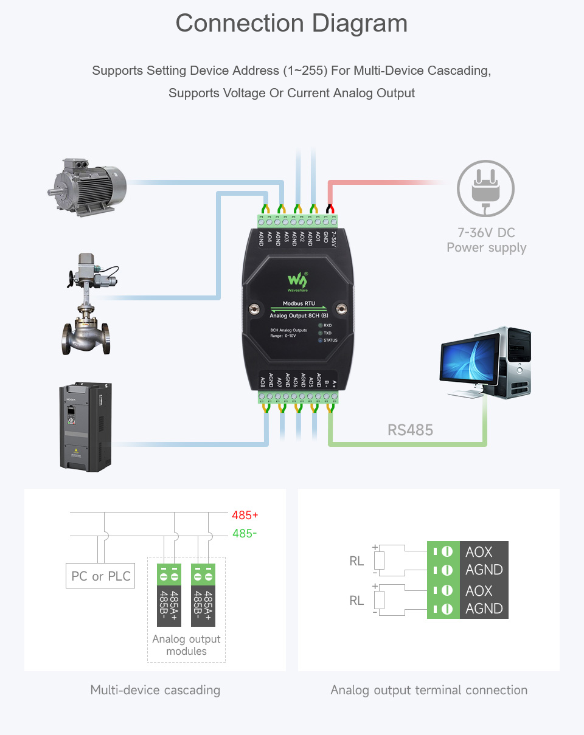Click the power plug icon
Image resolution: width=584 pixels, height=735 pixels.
click(485, 188)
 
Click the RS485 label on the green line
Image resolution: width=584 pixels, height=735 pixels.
click(410, 430)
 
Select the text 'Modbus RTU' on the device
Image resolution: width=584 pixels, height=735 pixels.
click(299, 304)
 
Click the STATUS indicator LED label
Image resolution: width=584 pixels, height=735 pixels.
click(330, 340)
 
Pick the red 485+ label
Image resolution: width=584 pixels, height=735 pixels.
click(245, 516)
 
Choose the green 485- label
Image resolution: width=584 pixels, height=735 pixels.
click(245, 534)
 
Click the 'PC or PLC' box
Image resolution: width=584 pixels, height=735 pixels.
click(100, 576)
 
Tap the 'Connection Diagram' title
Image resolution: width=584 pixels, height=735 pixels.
click(291, 23)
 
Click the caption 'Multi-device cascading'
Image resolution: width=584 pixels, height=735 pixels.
click(155, 690)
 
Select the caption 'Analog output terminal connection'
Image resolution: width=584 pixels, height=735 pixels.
click(429, 690)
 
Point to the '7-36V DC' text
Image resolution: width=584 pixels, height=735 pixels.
click(486, 233)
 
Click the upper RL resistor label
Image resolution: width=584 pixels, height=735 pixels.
click(356, 561)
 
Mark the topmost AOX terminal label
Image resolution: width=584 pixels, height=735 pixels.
click(479, 552)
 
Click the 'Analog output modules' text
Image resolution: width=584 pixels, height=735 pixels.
click(186, 645)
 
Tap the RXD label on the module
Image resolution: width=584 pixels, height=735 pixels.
click(327, 326)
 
